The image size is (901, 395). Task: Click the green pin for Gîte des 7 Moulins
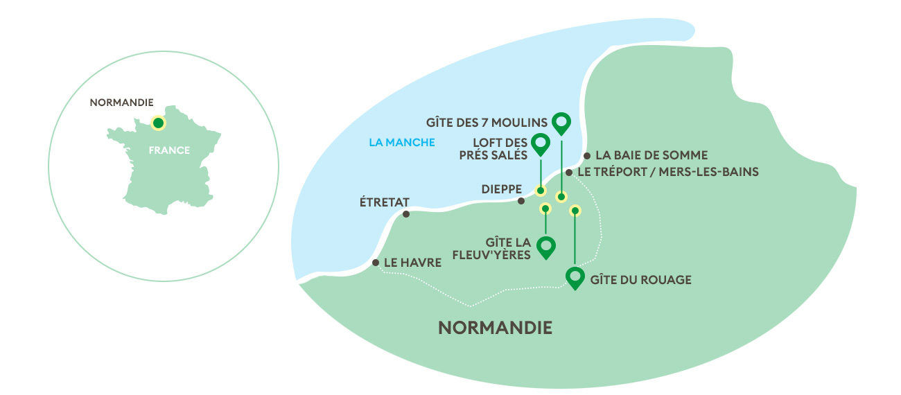click(561, 123)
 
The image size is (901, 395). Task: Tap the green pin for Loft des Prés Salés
click(540, 143)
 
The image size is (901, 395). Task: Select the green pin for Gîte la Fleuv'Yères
click(547, 246)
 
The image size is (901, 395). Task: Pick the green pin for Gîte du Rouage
click(575, 277)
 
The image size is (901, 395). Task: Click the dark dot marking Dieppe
click(521, 201)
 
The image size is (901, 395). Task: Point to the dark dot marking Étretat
click(407, 213)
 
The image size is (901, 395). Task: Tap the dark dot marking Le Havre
click(375, 263)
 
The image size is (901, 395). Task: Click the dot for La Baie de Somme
click(587, 156)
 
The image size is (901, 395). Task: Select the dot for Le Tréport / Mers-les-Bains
click(568, 172)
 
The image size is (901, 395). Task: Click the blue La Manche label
click(402, 143)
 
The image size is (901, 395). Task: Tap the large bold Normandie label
click(496, 328)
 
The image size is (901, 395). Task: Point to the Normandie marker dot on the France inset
click(158, 123)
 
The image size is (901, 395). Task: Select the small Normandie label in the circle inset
click(121, 103)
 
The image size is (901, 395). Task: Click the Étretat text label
click(385, 202)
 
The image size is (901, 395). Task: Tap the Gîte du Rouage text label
click(641, 280)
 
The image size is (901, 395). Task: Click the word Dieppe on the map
click(498, 188)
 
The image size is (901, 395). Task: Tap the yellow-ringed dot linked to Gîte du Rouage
click(575, 210)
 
